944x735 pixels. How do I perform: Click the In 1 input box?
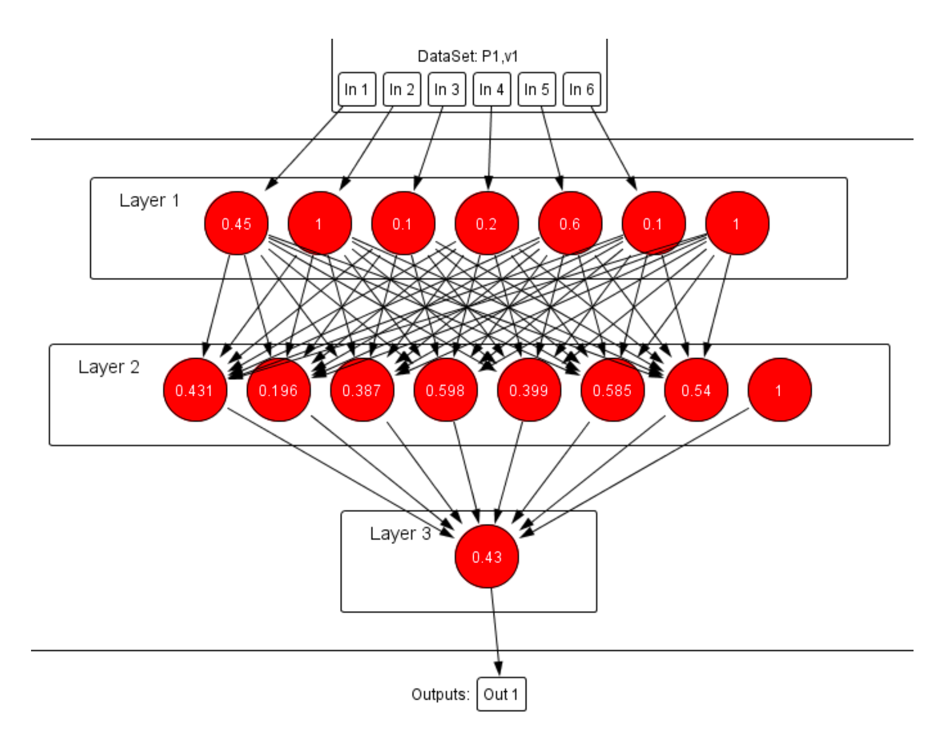click(x=357, y=89)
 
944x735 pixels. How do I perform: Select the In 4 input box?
click(x=491, y=89)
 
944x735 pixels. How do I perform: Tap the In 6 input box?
click(x=581, y=89)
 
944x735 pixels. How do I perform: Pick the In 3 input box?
click(x=447, y=89)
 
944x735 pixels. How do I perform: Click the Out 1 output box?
click(x=501, y=694)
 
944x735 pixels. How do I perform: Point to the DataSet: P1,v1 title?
click(x=468, y=56)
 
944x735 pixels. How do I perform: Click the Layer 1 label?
click(x=149, y=200)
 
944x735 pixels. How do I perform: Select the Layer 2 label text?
click(x=109, y=367)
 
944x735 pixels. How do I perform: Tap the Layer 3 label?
click(x=400, y=534)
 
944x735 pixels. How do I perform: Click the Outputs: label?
click(x=440, y=694)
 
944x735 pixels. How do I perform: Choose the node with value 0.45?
click(x=237, y=224)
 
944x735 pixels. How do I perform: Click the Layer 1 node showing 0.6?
click(x=570, y=224)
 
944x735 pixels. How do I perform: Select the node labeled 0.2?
click(x=486, y=224)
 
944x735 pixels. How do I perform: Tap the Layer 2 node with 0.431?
click(x=194, y=390)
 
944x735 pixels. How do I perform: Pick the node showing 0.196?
click(x=278, y=390)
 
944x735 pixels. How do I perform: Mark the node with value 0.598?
click(x=445, y=390)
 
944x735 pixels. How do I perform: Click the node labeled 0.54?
click(x=696, y=390)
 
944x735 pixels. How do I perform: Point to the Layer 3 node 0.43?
click(x=486, y=557)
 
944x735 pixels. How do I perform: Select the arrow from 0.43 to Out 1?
click(x=495, y=631)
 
